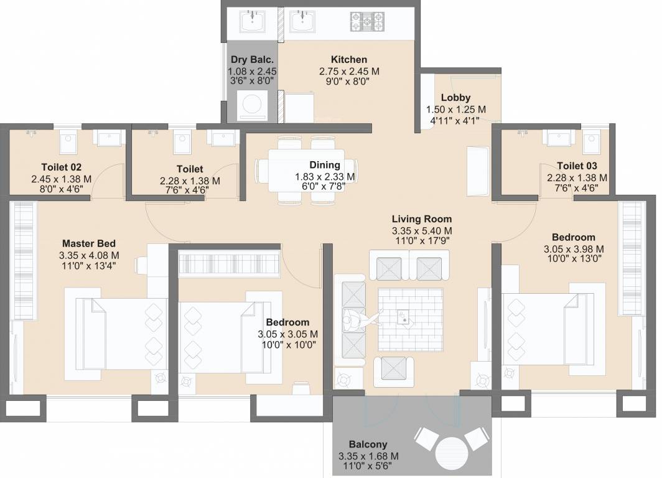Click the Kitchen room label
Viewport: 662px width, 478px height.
point(348,60)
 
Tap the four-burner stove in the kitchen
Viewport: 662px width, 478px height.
point(368,22)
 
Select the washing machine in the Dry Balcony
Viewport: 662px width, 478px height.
point(252,105)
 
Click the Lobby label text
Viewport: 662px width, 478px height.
point(455,98)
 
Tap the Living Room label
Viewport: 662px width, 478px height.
point(421,219)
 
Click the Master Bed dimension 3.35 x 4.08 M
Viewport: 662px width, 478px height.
point(89,255)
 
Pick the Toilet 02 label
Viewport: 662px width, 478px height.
point(61,167)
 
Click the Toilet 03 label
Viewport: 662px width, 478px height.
point(577,166)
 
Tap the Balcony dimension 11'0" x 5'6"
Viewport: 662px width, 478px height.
point(368,466)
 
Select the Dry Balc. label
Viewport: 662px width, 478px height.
point(252,60)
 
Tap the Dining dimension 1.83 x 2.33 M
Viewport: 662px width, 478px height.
point(325,177)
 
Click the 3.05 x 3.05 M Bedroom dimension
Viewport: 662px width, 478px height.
point(287,334)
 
